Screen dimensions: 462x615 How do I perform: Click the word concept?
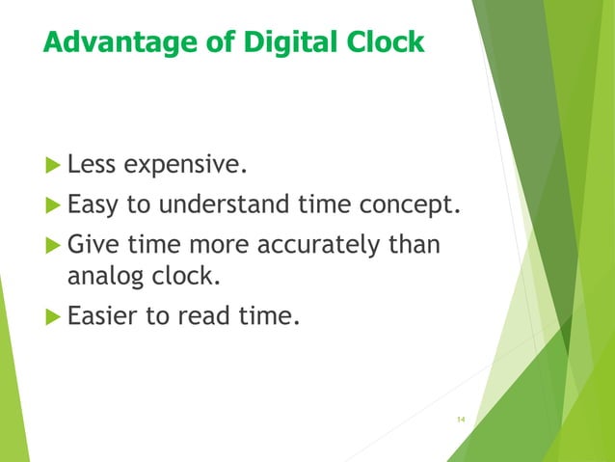413,205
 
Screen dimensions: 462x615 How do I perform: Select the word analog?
105,279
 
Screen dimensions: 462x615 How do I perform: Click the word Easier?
103,315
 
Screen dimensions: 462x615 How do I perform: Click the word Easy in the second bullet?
92,205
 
